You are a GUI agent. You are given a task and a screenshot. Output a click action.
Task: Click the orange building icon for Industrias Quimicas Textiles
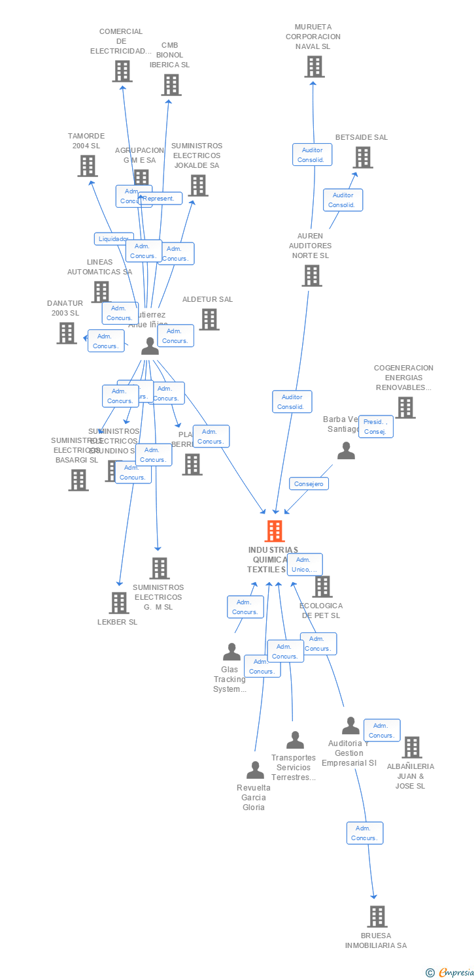275,531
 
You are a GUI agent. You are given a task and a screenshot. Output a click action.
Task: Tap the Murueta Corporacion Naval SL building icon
314,67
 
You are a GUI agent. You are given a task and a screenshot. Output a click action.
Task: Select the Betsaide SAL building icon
362,157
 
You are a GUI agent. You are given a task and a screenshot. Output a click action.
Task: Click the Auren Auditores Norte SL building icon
311,276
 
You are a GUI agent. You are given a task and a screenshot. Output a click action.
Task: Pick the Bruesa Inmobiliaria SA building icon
377,917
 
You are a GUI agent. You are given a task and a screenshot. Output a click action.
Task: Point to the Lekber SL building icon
118,603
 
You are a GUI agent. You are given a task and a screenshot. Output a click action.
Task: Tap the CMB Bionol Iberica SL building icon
171,85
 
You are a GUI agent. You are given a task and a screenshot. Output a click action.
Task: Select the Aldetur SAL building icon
209,319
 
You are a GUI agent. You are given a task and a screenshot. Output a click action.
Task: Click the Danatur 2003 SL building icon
66,333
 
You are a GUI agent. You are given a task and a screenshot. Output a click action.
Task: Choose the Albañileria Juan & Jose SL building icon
411,747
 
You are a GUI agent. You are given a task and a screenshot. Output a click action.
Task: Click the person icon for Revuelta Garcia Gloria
254,770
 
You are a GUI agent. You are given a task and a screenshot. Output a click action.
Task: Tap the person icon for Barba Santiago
346,451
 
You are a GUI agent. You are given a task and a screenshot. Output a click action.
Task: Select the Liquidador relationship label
114,239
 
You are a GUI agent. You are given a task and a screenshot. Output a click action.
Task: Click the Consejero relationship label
309,483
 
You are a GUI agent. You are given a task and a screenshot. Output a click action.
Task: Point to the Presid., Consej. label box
376,427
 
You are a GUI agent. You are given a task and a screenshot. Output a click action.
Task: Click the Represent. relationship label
160,199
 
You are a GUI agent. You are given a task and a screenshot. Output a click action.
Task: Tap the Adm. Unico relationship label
305,564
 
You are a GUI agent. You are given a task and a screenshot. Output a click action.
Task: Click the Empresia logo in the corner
451,973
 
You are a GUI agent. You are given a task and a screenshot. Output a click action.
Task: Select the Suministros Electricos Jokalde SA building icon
197,186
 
